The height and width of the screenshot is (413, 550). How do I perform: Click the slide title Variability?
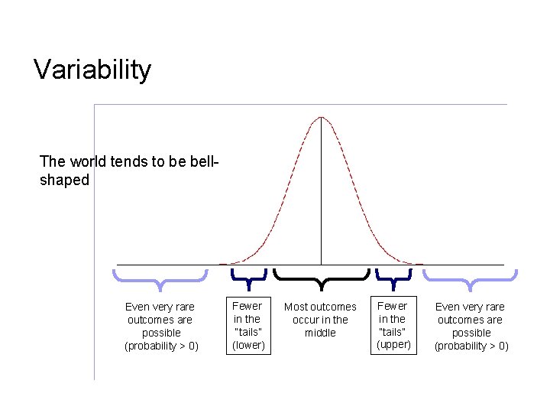tap(92, 70)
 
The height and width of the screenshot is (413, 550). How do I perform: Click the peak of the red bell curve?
tap(322, 117)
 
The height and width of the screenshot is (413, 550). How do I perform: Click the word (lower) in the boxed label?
tap(248, 346)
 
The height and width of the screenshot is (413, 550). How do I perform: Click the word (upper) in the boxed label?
tap(393, 345)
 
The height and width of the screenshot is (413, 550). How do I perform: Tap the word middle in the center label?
tap(320, 333)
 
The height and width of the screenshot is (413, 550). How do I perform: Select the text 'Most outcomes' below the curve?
tap(320, 307)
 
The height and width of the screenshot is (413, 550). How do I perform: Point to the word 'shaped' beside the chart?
tap(64, 180)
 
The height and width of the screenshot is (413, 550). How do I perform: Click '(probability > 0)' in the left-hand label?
tap(161, 346)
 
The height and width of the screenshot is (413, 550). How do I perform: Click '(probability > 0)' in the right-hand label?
tap(471, 346)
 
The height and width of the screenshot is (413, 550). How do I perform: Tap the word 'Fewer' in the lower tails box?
tap(247, 306)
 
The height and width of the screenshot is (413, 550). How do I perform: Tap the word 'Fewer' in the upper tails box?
tap(393, 306)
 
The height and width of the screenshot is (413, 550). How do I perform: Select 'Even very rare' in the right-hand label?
tap(470, 307)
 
